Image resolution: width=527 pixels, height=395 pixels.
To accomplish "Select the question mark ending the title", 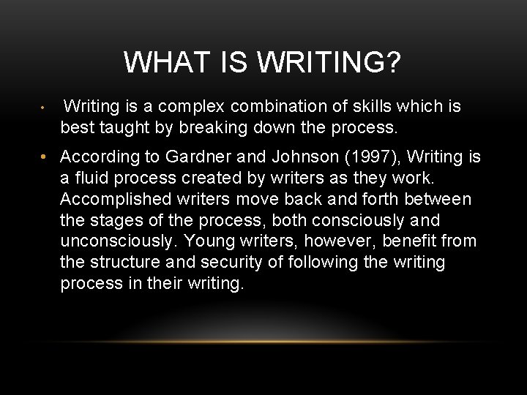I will (393, 63).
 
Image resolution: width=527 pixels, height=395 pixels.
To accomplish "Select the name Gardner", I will (196, 157).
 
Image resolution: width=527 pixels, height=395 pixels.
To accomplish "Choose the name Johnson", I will (302, 157).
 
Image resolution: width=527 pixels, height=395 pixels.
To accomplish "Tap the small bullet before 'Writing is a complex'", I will (44, 108).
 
